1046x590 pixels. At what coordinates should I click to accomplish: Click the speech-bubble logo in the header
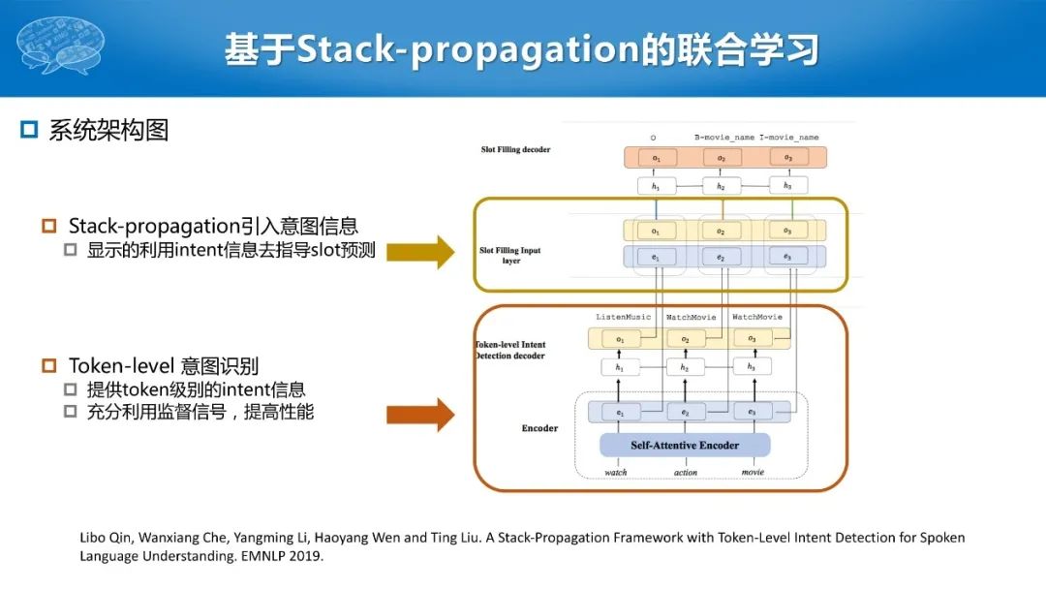pyautogui.click(x=61, y=46)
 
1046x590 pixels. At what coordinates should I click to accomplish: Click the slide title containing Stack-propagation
pyautogui.click(x=522, y=49)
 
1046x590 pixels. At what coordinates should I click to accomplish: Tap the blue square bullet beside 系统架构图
pyautogui.click(x=29, y=130)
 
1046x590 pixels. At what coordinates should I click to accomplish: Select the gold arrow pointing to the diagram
pyautogui.click(x=419, y=252)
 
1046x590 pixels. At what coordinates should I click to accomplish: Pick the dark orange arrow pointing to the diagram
pyautogui.click(x=419, y=415)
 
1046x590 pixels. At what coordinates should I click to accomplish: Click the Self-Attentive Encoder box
pyautogui.click(x=685, y=446)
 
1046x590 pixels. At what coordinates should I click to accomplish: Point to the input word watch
pyautogui.click(x=616, y=473)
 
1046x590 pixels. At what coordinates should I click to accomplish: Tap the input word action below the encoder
pyautogui.click(x=685, y=473)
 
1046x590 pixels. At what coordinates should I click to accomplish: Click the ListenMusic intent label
pyautogui.click(x=624, y=318)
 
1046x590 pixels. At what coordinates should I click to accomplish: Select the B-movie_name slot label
pyautogui.click(x=723, y=138)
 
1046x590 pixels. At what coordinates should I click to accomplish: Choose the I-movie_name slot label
pyautogui.click(x=789, y=138)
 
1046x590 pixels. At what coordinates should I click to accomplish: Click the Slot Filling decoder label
pyautogui.click(x=515, y=150)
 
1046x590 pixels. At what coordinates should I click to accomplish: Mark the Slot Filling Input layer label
pyautogui.click(x=510, y=256)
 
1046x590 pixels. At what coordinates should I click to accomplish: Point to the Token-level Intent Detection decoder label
pyautogui.click(x=509, y=350)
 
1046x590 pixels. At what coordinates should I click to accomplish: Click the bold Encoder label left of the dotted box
pyautogui.click(x=539, y=428)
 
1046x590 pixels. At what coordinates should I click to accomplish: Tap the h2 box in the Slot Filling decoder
pyautogui.click(x=721, y=186)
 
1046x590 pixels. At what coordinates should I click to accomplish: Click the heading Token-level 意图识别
pyautogui.click(x=164, y=366)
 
